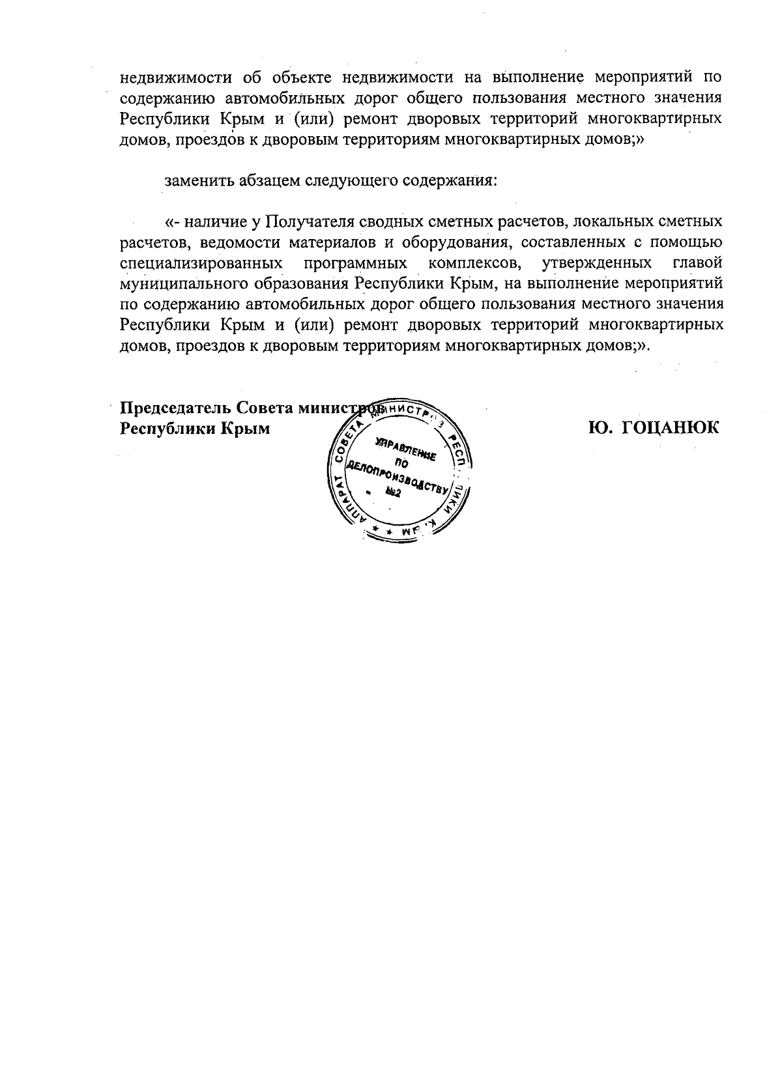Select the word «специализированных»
tap(201, 264)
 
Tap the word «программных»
tap(355, 264)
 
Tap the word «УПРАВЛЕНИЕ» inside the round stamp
tap(405, 451)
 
